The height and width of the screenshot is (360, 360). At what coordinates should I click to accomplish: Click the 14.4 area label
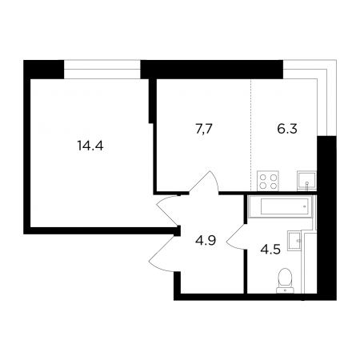pyautogui.click(x=90, y=146)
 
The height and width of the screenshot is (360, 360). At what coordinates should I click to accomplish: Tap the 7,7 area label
pyautogui.click(x=204, y=130)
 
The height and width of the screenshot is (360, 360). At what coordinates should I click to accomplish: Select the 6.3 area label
pyautogui.click(x=287, y=129)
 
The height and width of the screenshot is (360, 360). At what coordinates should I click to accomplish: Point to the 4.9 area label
pyautogui.click(x=206, y=241)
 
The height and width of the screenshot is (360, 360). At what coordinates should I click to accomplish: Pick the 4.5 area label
pyautogui.click(x=270, y=250)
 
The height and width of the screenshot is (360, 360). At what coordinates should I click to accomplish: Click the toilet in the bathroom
pyautogui.click(x=285, y=281)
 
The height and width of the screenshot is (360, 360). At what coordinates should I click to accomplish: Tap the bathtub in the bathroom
pyautogui.click(x=280, y=206)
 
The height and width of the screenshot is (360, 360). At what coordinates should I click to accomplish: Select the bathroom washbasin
pyautogui.click(x=294, y=240)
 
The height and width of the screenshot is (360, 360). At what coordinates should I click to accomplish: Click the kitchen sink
pyautogui.click(x=306, y=181)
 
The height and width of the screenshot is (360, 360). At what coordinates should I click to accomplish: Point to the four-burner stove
pyautogui.click(x=268, y=181)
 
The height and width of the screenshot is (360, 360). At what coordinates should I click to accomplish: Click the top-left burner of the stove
pyautogui.click(x=263, y=177)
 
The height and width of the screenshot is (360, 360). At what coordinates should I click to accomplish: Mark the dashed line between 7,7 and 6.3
pyautogui.click(x=250, y=134)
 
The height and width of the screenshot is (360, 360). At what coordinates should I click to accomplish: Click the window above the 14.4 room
pyautogui.click(x=102, y=70)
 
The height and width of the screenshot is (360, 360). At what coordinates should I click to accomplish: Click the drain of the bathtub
pyautogui.click(x=304, y=206)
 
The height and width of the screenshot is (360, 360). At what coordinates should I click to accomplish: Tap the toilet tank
pyautogui.click(x=285, y=290)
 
